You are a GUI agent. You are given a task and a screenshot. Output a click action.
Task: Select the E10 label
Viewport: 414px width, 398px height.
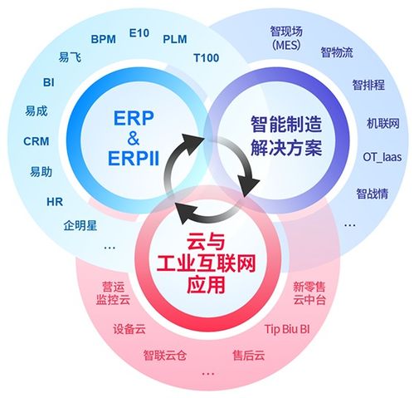pyautogui.click(x=139, y=33)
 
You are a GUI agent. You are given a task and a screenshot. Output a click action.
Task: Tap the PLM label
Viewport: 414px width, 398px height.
pyautogui.click(x=175, y=38)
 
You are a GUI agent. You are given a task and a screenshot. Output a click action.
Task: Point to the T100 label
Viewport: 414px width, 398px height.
pyautogui.click(x=207, y=58)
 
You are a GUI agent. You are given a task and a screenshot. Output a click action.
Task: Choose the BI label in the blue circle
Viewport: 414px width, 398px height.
pyautogui.click(x=49, y=82)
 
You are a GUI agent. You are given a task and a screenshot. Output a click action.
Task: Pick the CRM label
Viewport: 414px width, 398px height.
pyautogui.click(x=37, y=141)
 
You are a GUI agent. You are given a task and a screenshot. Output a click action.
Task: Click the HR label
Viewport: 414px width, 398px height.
pyautogui.click(x=55, y=202)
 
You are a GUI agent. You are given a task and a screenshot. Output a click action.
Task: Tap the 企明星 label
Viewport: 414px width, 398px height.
pyautogui.click(x=80, y=225)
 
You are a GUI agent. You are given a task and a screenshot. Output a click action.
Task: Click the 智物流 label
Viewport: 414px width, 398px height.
pyautogui.click(x=336, y=53)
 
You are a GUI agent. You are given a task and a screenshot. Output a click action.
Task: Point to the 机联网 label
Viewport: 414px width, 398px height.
pyautogui.click(x=382, y=124)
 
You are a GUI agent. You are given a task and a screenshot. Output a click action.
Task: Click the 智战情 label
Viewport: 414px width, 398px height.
pyautogui.click(x=372, y=194)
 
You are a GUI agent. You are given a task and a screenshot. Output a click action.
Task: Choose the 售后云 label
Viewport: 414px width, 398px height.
pyautogui.click(x=249, y=356)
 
